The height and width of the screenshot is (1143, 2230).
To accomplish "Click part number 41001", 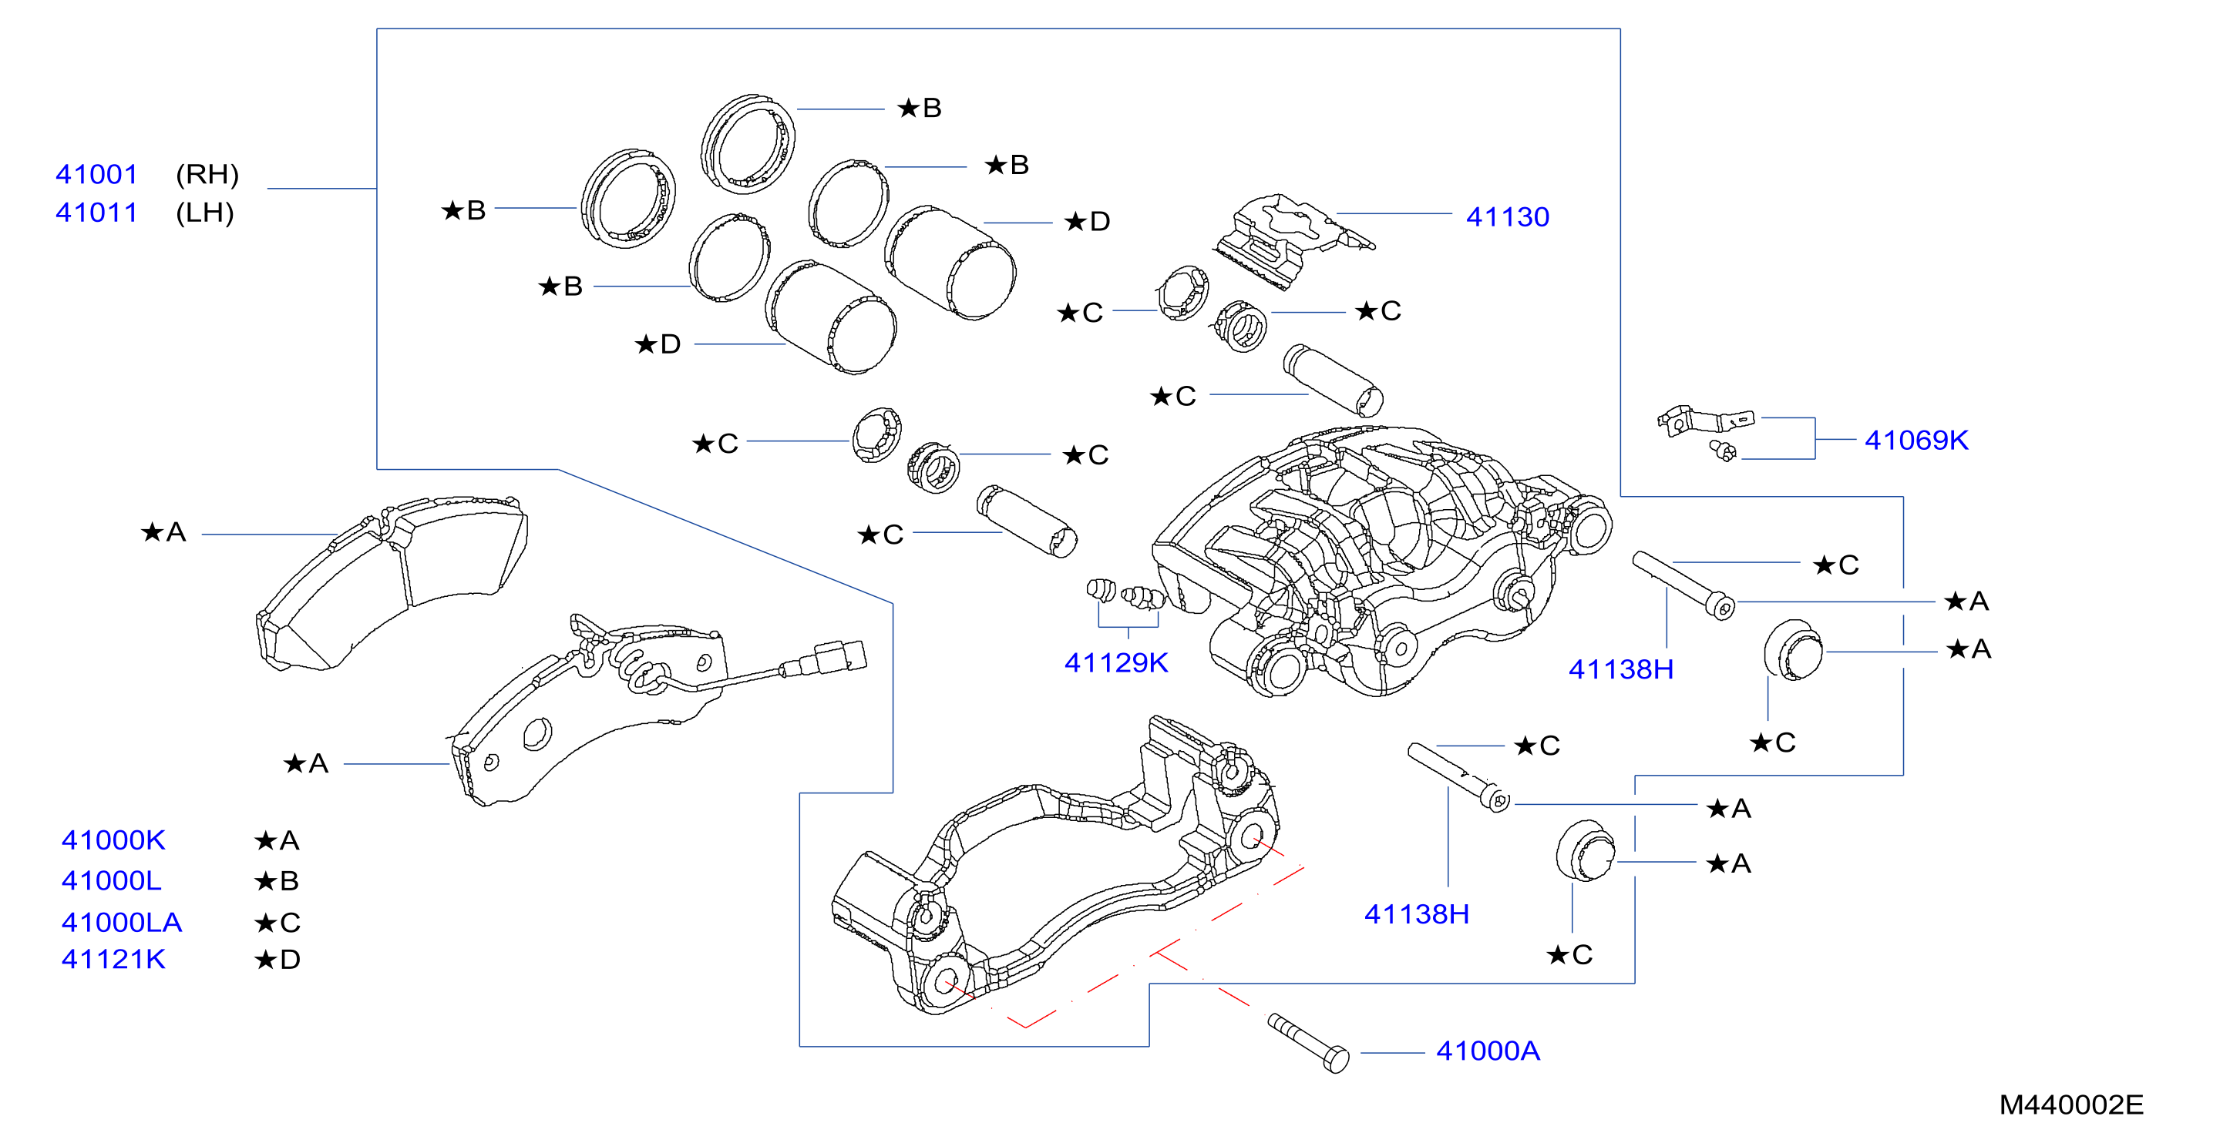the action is click(97, 174).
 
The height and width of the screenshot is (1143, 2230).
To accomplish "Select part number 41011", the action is click(97, 212).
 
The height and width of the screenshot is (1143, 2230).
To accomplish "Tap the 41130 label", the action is click(1507, 216).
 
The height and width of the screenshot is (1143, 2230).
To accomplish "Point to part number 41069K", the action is click(1916, 440).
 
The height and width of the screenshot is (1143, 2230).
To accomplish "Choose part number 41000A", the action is click(1487, 1051).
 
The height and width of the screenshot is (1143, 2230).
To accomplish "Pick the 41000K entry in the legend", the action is click(113, 840).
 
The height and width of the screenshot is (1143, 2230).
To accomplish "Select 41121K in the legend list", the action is click(113, 959).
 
